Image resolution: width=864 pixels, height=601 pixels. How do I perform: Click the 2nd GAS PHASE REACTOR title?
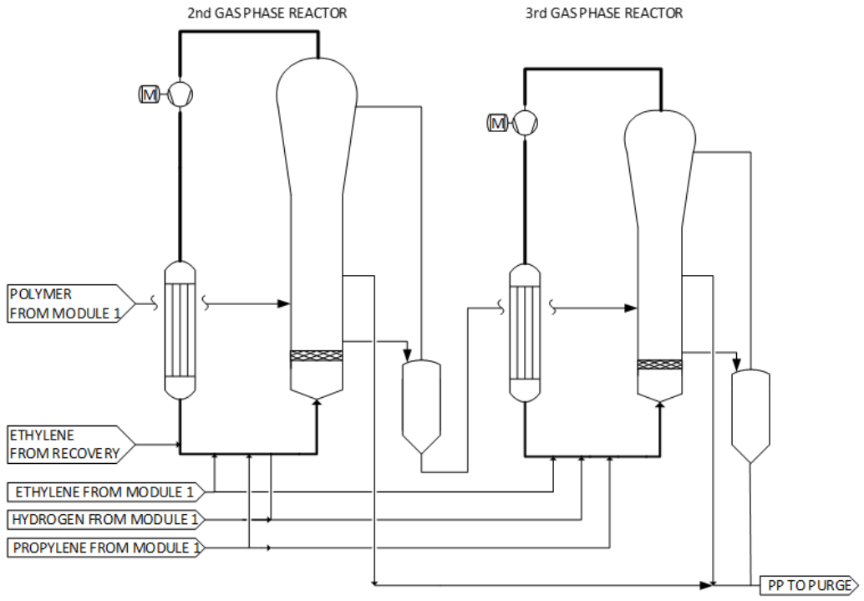(x=267, y=13)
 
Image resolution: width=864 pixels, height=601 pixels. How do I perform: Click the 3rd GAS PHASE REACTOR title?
(x=605, y=13)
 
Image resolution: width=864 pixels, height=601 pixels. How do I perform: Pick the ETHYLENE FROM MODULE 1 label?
(x=103, y=491)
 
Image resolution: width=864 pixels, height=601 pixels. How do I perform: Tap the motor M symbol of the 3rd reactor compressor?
(x=498, y=124)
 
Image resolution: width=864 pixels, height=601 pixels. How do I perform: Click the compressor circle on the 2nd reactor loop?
(x=179, y=95)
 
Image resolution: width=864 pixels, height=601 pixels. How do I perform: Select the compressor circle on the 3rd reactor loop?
(x=526, y=124)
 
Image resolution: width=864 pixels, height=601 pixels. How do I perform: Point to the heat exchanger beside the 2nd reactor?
(x=179, y=329)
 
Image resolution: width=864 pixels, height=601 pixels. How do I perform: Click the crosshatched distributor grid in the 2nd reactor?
(x=316, y=356)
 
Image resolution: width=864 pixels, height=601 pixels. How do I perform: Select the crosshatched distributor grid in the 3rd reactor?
(x=659, y=364)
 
